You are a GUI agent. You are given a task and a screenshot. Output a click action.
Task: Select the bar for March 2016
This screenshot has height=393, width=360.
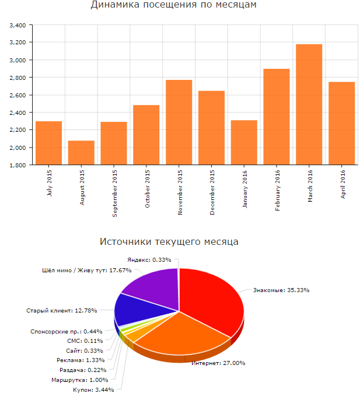309,105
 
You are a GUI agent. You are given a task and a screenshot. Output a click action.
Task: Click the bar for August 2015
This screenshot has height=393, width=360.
81,153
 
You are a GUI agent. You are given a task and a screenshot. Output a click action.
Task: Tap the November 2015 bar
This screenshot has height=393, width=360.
179,122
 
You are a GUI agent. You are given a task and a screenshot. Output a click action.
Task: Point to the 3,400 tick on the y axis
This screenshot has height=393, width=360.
18,26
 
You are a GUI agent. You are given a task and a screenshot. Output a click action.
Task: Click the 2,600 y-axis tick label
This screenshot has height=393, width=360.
18,95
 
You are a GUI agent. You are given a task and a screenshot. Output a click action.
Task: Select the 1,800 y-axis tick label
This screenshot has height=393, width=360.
18,165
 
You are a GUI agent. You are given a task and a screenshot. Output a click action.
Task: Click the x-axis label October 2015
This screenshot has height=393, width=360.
147,188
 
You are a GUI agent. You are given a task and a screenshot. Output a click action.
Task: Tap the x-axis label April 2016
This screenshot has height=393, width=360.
342,184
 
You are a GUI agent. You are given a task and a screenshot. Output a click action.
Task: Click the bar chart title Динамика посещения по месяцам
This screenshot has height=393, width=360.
174,5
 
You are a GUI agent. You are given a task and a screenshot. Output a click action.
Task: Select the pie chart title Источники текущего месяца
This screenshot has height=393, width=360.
169,241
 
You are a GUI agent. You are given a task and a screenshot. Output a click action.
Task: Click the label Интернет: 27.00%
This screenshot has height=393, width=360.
219,363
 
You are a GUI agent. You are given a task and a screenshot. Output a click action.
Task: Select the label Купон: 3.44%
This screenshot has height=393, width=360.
98,388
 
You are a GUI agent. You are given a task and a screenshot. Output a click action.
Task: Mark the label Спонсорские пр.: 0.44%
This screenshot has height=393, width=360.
64,331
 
